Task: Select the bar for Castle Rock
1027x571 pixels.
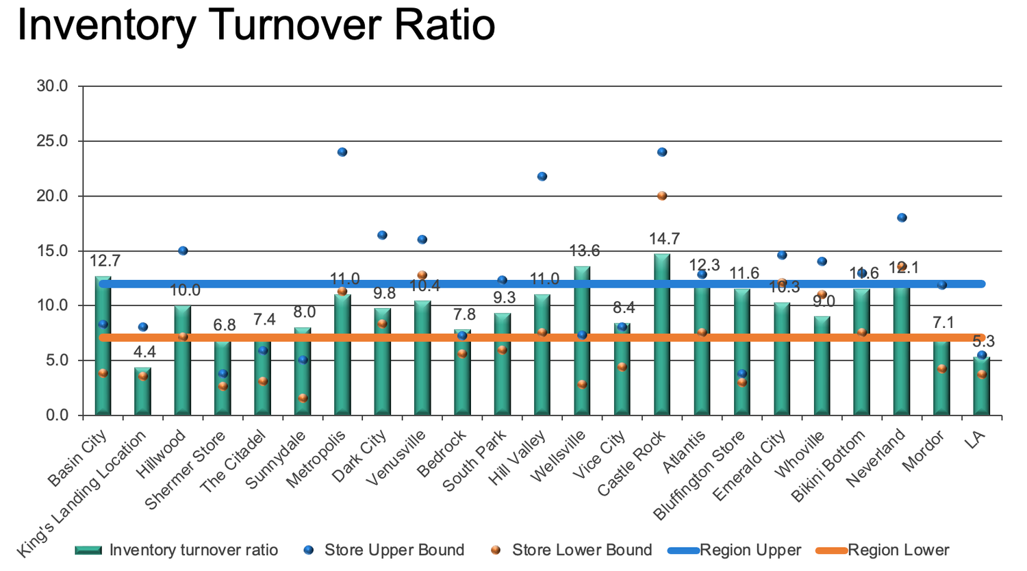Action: coord(662,335)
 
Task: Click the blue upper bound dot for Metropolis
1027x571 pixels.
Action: coord(342,152)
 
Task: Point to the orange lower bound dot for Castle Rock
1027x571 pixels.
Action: coord(662,196)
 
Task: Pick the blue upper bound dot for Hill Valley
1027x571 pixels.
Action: coord(542,177)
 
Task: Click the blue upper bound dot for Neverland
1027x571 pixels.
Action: coord(902,218)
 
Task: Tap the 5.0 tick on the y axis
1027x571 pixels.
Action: coord(56,360)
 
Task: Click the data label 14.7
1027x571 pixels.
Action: coord(664,239)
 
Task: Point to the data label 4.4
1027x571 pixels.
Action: coord(144,353)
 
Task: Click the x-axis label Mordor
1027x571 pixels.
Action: coord(924,451)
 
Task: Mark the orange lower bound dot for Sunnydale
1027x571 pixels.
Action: coord(303,398)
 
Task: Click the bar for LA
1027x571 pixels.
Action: coord(981,387)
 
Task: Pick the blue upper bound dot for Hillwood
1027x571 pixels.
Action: coord(183,251)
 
